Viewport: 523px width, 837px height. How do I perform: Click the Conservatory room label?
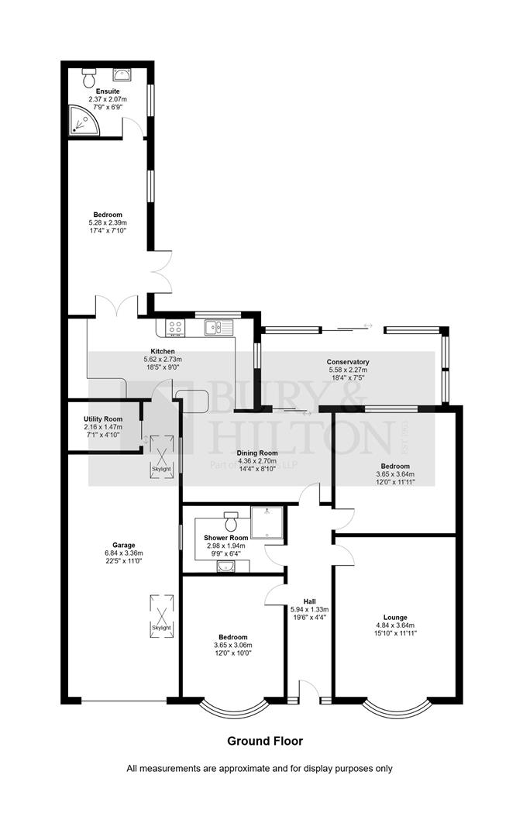coord(347,362)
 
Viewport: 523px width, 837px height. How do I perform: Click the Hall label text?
coord(309,601)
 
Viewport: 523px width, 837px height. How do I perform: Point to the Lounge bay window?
coord(396,707)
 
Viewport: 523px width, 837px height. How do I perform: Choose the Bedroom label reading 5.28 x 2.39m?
coord(108,223)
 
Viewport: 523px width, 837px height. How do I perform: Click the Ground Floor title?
coord(264,741)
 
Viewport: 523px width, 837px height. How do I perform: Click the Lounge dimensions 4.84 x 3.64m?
coord(394,625)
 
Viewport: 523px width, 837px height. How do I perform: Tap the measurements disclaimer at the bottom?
coord(260,769)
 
